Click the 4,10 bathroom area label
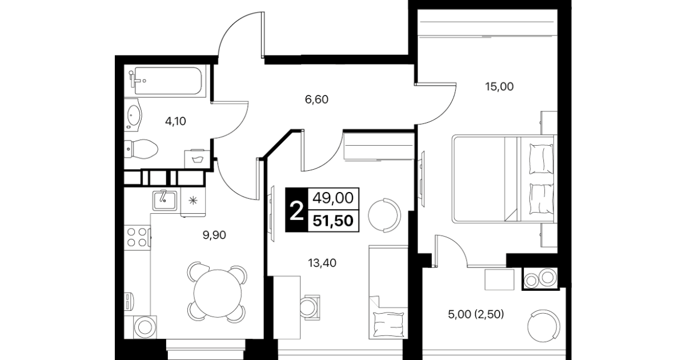(175, 122)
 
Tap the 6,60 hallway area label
(316, 99)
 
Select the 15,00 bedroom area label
(499, 87)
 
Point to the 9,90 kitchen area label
(214, 235)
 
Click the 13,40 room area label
(322, 263)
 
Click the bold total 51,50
(333, 221)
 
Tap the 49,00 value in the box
(333, 198)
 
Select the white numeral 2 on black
(296, 210)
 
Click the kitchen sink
(165, 201)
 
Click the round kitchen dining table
(218, 294)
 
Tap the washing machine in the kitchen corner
(145, 327)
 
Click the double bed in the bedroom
(504, 179)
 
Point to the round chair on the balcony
(544, 326)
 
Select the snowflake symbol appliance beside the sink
(193, 201)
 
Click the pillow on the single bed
(388, 324)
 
